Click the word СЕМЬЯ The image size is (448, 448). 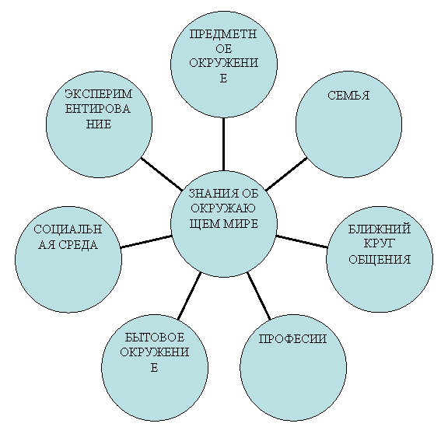pos(348,96)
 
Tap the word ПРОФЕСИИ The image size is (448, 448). pos(292,339)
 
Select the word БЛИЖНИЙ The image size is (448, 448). pos(379,229)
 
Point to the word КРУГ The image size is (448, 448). pos(379,243)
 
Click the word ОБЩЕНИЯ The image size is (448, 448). pos(380,260)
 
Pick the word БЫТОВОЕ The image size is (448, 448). pos(155,338)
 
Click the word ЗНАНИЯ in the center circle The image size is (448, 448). pos(210,194)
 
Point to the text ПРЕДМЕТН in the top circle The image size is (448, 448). pos(223,34)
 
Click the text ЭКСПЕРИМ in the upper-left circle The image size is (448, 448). pos(99,93)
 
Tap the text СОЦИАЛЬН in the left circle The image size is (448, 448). pos(68,229)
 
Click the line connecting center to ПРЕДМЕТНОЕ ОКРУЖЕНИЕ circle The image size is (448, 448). pos(223,145)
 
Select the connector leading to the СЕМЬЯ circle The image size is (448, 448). pos(286,173)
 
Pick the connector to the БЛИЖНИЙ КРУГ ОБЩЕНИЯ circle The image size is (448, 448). pos(302,241)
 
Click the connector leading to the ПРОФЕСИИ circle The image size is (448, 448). pos(258,296)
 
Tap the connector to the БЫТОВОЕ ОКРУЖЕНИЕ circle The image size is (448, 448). pos(190,296)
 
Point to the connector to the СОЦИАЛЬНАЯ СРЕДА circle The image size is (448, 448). pos(146,241)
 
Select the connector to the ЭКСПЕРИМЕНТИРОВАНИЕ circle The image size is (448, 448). pos(162,174)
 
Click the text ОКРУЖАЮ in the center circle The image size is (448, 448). pos(223,208)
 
